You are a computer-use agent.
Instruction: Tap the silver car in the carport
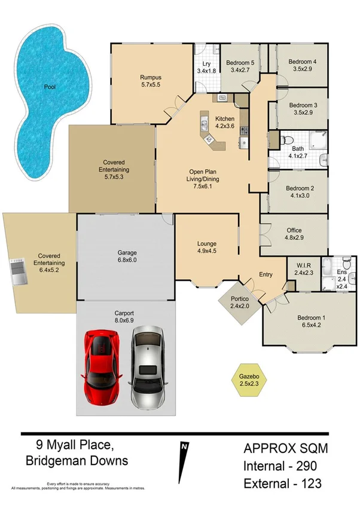click(147, 367)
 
